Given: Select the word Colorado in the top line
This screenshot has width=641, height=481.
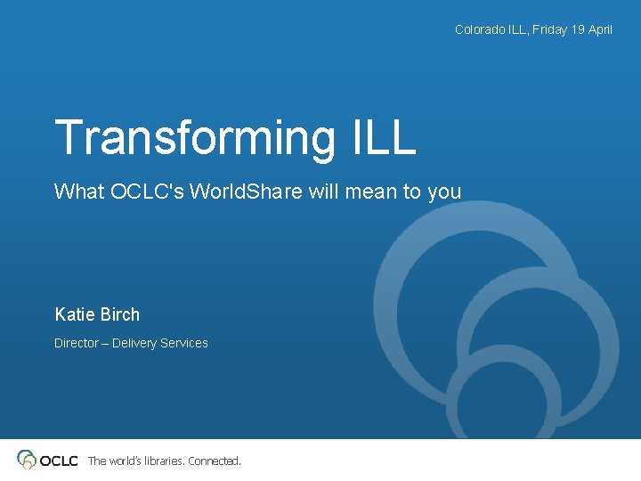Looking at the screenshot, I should coord(479,29).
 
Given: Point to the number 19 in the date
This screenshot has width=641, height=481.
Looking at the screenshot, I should coord(577,29).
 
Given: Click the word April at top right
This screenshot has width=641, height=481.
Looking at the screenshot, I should coord(600,29).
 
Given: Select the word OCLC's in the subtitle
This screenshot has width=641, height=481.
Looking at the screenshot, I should coord(143,191).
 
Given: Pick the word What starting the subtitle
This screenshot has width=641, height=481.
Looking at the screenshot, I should coord(79,191).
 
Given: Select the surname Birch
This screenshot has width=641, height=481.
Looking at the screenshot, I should coord(120,314).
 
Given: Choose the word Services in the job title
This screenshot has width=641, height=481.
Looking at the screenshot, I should coord(184,343).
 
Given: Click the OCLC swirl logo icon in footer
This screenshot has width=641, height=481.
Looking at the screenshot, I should coord(28,460).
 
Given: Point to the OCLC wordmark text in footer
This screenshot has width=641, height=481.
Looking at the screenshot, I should coord(59,461).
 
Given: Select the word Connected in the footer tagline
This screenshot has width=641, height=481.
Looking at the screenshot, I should coord(214,461).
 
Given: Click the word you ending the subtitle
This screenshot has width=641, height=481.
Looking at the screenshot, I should coord(444,192).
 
